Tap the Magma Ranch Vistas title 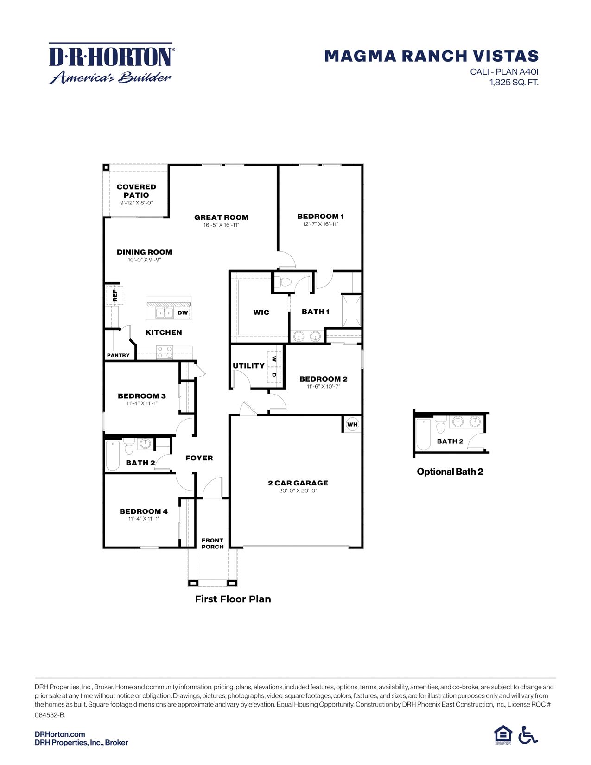[x=431, y=56]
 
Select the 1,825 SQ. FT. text [x=514, y=83]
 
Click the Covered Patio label [x=136, y=191]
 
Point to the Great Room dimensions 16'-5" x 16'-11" [x=221, y=225]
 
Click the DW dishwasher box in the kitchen [x=183, y=313]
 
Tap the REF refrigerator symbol [x=114, y=295]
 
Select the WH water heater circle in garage [x=352, y=424]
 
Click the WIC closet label [x=261, y=312]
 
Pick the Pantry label [x=118, y=355]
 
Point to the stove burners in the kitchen [x=164, y=352]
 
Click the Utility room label [x=248, y=366]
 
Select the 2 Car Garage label [x=298, y=483]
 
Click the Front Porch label [x=212, y=543]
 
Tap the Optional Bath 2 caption [x=450, y=472]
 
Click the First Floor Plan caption [x=233, y=599]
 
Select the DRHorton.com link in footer [x=60, y=734]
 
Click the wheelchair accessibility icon [x=528, y=734]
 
